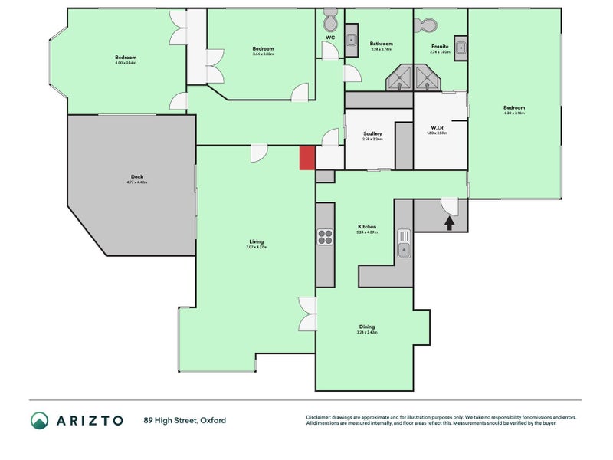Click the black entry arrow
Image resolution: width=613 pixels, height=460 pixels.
(449, 222)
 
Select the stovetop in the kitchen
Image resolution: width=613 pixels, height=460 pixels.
(325, 237)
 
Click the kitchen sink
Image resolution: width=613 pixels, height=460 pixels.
(403, 245)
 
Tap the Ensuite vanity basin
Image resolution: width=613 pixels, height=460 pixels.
(461, 48)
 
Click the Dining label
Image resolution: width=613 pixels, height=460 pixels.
(367, 327)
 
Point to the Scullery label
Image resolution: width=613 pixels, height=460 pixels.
(372, 134)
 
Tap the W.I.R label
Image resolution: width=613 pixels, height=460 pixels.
(437, 128)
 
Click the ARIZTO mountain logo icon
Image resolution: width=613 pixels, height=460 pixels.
(39, 420)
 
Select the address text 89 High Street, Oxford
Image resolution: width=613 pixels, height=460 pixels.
(185, 420)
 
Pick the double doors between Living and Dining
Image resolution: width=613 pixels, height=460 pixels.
(307, 314)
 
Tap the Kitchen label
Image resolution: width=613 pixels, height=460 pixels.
(367, 227)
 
